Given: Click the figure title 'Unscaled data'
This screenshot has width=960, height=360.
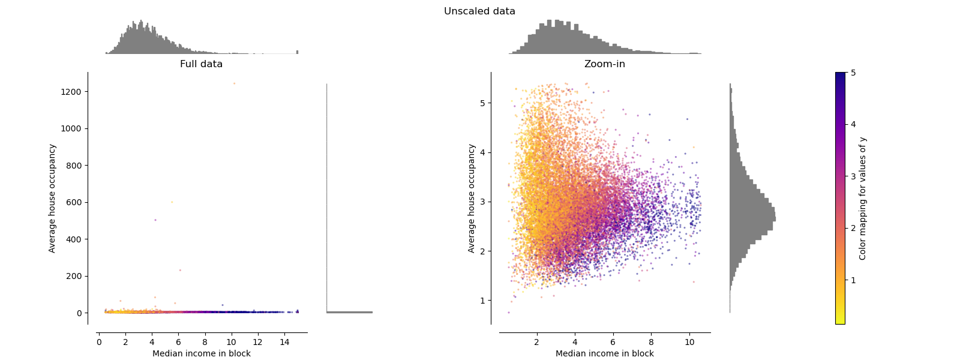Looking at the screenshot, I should (479, 11).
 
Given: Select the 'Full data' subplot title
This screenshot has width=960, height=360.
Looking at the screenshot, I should (201, 64).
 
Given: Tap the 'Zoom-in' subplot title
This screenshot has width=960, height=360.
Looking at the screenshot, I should (604, 64).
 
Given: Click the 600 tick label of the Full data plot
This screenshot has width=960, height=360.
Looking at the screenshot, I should (73, 203).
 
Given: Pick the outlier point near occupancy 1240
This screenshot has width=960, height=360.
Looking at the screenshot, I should (234, 84).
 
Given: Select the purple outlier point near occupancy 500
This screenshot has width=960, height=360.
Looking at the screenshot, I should (155, 220).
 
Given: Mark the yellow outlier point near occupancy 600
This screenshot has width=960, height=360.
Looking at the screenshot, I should (172, 202).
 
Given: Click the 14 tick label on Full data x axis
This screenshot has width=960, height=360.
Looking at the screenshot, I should (284, 343).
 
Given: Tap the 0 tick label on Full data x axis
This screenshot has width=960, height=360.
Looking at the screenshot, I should (99, 343).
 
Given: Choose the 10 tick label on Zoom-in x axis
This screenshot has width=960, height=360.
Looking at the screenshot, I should (689, 343).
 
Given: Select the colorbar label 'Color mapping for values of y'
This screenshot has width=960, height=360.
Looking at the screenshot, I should (863, 199).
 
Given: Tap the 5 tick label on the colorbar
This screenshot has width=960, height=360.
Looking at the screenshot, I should (853, 73).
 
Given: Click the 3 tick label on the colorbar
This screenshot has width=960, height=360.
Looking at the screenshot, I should (853, 176).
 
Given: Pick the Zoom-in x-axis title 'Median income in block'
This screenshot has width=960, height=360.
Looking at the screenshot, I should (604, 353).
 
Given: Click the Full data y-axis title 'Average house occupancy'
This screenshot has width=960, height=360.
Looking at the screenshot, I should (52, 199).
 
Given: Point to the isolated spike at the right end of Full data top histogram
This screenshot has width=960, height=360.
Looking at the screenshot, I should (297, 52).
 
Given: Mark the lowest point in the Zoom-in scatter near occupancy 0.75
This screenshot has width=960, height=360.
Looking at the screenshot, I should (508, 313).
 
